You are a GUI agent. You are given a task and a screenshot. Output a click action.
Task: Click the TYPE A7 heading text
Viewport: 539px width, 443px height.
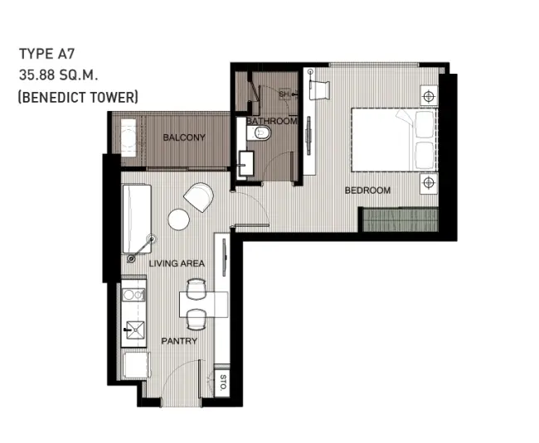46,54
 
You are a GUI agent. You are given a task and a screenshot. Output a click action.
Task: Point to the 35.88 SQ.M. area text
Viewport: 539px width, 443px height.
58,75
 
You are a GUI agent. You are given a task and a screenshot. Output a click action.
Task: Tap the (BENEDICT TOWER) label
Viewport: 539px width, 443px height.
78,97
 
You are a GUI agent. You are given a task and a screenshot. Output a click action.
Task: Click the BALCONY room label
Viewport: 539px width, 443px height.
184,137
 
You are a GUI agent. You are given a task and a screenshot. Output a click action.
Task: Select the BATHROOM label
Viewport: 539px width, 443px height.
271,121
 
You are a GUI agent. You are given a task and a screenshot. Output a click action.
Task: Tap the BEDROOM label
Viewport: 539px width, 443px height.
367,190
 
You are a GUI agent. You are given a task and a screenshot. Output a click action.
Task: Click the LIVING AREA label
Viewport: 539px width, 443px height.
177,263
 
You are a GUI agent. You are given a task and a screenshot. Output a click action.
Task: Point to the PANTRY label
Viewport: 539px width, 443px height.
179,341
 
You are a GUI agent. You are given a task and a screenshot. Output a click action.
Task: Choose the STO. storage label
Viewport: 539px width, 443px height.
223,383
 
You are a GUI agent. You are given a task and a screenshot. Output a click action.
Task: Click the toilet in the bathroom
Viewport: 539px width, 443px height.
259,132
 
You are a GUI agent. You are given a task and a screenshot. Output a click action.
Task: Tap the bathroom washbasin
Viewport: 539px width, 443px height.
245,164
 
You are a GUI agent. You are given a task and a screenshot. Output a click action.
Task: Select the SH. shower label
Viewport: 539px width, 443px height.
284,94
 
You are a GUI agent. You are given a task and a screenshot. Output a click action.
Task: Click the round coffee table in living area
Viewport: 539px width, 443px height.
179,219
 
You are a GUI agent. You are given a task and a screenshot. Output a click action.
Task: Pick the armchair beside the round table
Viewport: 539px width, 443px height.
199,197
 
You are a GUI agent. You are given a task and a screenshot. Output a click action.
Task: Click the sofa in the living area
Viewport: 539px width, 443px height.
137,219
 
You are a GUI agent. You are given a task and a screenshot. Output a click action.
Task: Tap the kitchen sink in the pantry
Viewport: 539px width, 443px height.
135,330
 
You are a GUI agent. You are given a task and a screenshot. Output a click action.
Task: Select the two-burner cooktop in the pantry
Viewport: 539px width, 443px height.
134,295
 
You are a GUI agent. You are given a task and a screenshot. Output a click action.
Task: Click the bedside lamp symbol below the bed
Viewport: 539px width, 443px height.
429,182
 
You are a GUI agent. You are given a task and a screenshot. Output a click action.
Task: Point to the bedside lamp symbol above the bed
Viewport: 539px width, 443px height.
429,96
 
